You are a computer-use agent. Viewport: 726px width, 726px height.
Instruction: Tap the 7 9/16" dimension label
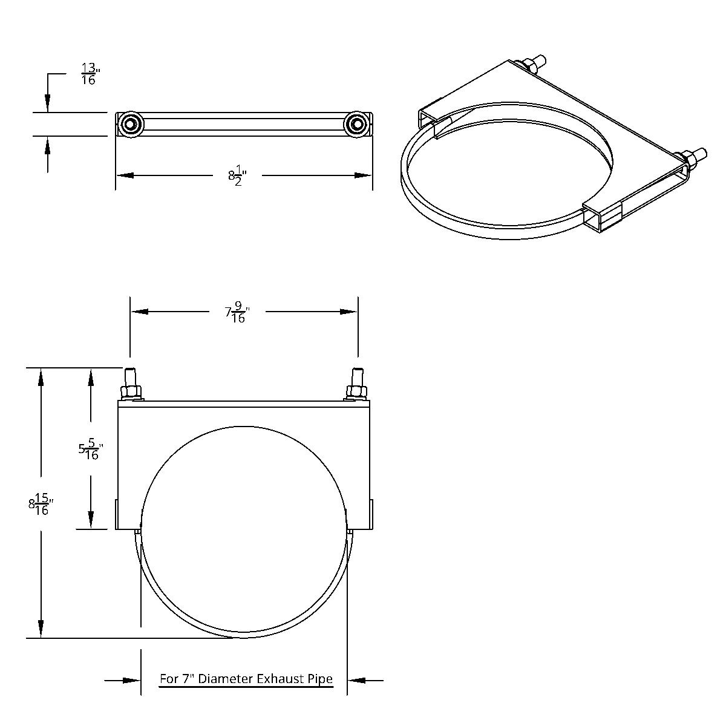[237, 312]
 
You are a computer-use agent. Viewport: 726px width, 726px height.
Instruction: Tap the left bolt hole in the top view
[131, 124]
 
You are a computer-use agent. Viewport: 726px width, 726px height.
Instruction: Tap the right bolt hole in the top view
[356, 124]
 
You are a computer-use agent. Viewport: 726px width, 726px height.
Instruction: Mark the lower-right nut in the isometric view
[690, 159]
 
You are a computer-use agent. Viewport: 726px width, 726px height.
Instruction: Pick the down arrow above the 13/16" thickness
[48, 103]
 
